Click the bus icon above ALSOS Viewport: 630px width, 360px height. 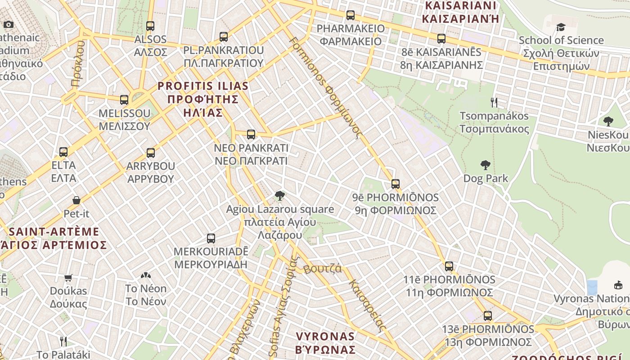tap(150, 26)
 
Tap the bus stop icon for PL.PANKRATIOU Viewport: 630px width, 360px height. tap(224, 37)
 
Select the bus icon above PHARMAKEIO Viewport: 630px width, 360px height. tap(351, 15)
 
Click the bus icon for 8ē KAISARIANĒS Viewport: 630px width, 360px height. tap(441, 39)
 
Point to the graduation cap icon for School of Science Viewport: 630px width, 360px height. tap(561, 27)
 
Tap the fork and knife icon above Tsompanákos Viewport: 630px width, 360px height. tap(494, 103)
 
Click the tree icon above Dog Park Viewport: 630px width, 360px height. tap(485, 165)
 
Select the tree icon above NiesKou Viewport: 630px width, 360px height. tap(608, 121)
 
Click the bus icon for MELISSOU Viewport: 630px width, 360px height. tap(124, 100)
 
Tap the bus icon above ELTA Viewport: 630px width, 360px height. tap(63, 152)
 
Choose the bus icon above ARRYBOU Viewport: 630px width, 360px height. tap(151, 153)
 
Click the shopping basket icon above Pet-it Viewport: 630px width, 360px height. tap(76, 200)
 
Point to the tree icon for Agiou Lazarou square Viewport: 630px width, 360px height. tap(280, 196)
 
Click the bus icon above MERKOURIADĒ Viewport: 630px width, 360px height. tap(211, 238)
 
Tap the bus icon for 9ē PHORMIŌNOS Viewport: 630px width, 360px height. tap(396, 184)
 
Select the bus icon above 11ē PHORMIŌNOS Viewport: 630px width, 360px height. tap(449, 266)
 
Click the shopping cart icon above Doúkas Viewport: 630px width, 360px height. tap(68, 278)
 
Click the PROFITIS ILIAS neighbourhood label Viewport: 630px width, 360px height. tap(202, 99)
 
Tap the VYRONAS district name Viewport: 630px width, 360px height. tap(325, 342)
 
